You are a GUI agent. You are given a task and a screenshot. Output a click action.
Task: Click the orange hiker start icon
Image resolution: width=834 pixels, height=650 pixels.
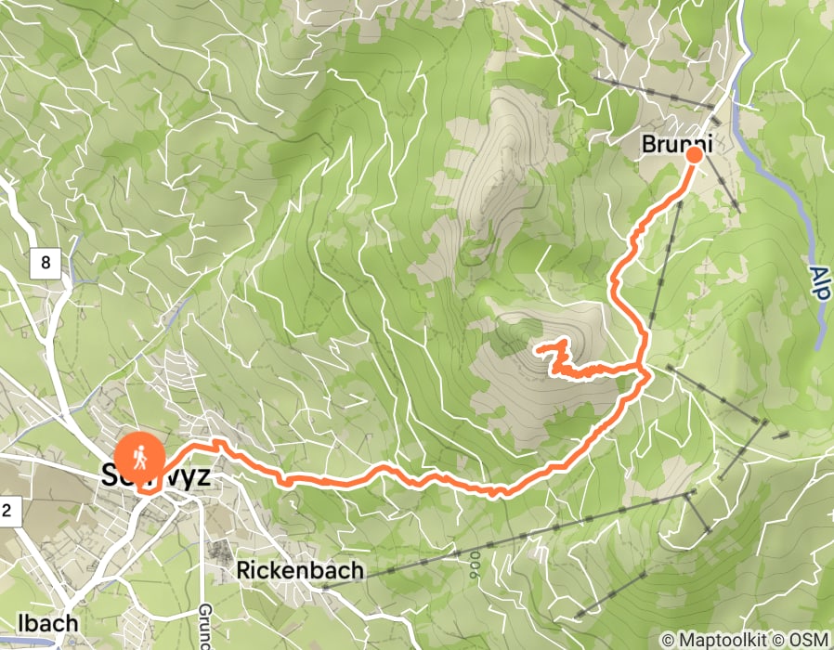(x=139, y=457)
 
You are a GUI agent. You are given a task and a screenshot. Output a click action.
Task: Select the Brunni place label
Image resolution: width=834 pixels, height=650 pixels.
(x=663, y=145)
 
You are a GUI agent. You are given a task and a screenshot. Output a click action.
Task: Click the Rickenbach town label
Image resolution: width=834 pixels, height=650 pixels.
(x=300, y=570)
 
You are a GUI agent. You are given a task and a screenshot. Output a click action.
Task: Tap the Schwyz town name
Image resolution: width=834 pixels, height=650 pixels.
(x=154, y=477)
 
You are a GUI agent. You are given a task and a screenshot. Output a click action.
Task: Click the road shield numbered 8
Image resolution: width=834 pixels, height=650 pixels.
(x=45, y=264)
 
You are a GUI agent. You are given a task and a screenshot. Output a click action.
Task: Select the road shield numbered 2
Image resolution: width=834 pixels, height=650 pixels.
(x=7, y=509)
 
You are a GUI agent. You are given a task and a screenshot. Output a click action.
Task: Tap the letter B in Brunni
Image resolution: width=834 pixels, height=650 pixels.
(x=646, y=145)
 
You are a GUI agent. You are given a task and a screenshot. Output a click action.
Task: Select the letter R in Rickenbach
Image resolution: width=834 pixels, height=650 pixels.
(x=244, y=570)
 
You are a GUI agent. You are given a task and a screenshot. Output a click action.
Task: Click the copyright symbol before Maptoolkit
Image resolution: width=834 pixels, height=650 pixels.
(x=668, y=640)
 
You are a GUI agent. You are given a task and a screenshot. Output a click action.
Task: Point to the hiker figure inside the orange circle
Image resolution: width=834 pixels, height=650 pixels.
(x=139, y=456)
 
